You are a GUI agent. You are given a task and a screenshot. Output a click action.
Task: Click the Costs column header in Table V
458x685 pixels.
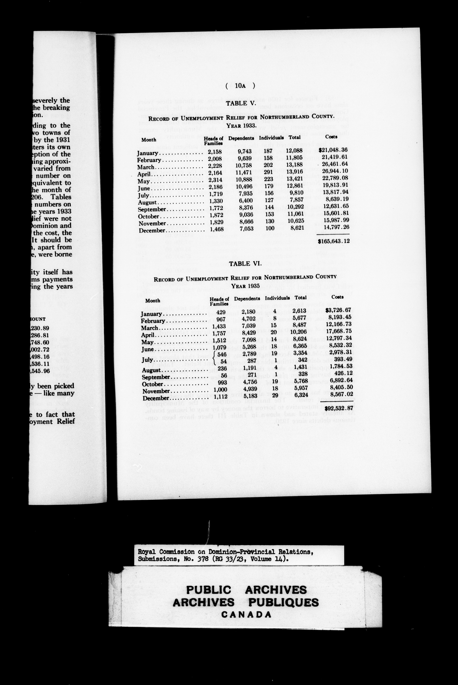pyautogui.click(x=331, y=137)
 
